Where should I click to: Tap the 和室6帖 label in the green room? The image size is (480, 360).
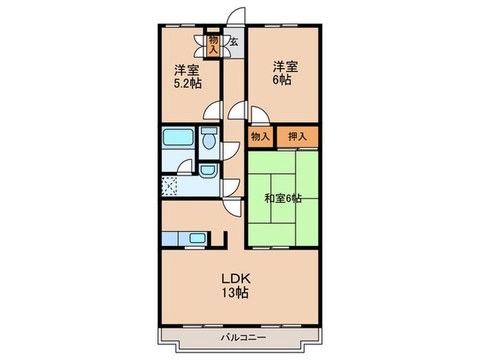(x=283, y=199)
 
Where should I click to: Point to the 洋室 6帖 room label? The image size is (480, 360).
(x=285, y=73)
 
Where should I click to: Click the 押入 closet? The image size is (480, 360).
(x=297, y=136)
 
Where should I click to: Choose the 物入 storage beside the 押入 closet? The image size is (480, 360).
(x=260, y=136)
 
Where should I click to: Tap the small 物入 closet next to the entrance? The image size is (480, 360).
(x=213, y=45)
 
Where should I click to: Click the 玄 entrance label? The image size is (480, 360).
(x=233, y=42)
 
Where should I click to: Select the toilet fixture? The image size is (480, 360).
(x=209, y=141)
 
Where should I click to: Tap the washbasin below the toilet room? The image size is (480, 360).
(x=208, y=171)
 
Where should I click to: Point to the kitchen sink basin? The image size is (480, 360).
(x=197, y=239)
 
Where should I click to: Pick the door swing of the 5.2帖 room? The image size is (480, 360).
(x=214, y=110)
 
